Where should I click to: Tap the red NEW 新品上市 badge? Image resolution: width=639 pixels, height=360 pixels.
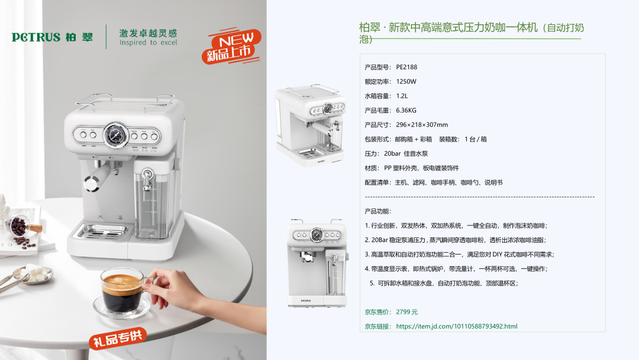[x=231, y=46]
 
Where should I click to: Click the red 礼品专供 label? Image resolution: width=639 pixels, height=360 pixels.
[x=118, y=338]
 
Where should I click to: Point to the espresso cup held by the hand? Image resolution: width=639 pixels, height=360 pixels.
[x=122, y=292]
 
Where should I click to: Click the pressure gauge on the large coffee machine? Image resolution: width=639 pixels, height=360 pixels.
[x=115, y=134]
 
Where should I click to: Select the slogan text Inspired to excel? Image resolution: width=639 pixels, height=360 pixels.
[x=149, y=43]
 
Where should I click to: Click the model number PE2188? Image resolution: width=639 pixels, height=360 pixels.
[x=406, y=67]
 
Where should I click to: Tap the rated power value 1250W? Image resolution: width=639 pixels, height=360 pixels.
[x=406, y=82]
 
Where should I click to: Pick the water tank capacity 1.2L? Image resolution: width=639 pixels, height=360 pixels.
[x=402, y=96]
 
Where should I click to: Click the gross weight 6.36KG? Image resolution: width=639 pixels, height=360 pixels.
[x=406, y=111]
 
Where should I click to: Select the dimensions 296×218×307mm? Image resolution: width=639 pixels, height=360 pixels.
[x=422, y=125]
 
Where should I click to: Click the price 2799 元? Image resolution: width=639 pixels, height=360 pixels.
[x=406, y=312]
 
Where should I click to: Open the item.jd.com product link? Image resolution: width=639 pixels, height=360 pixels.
[x=456, y=326]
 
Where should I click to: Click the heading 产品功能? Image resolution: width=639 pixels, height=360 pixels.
[x=377, y=211]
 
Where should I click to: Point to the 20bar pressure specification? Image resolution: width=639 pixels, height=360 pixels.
[x=392, y=154]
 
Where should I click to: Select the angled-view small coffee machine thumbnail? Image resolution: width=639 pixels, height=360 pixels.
[x=311, y=125]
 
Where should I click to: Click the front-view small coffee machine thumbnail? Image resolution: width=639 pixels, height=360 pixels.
[x=317, y=263]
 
